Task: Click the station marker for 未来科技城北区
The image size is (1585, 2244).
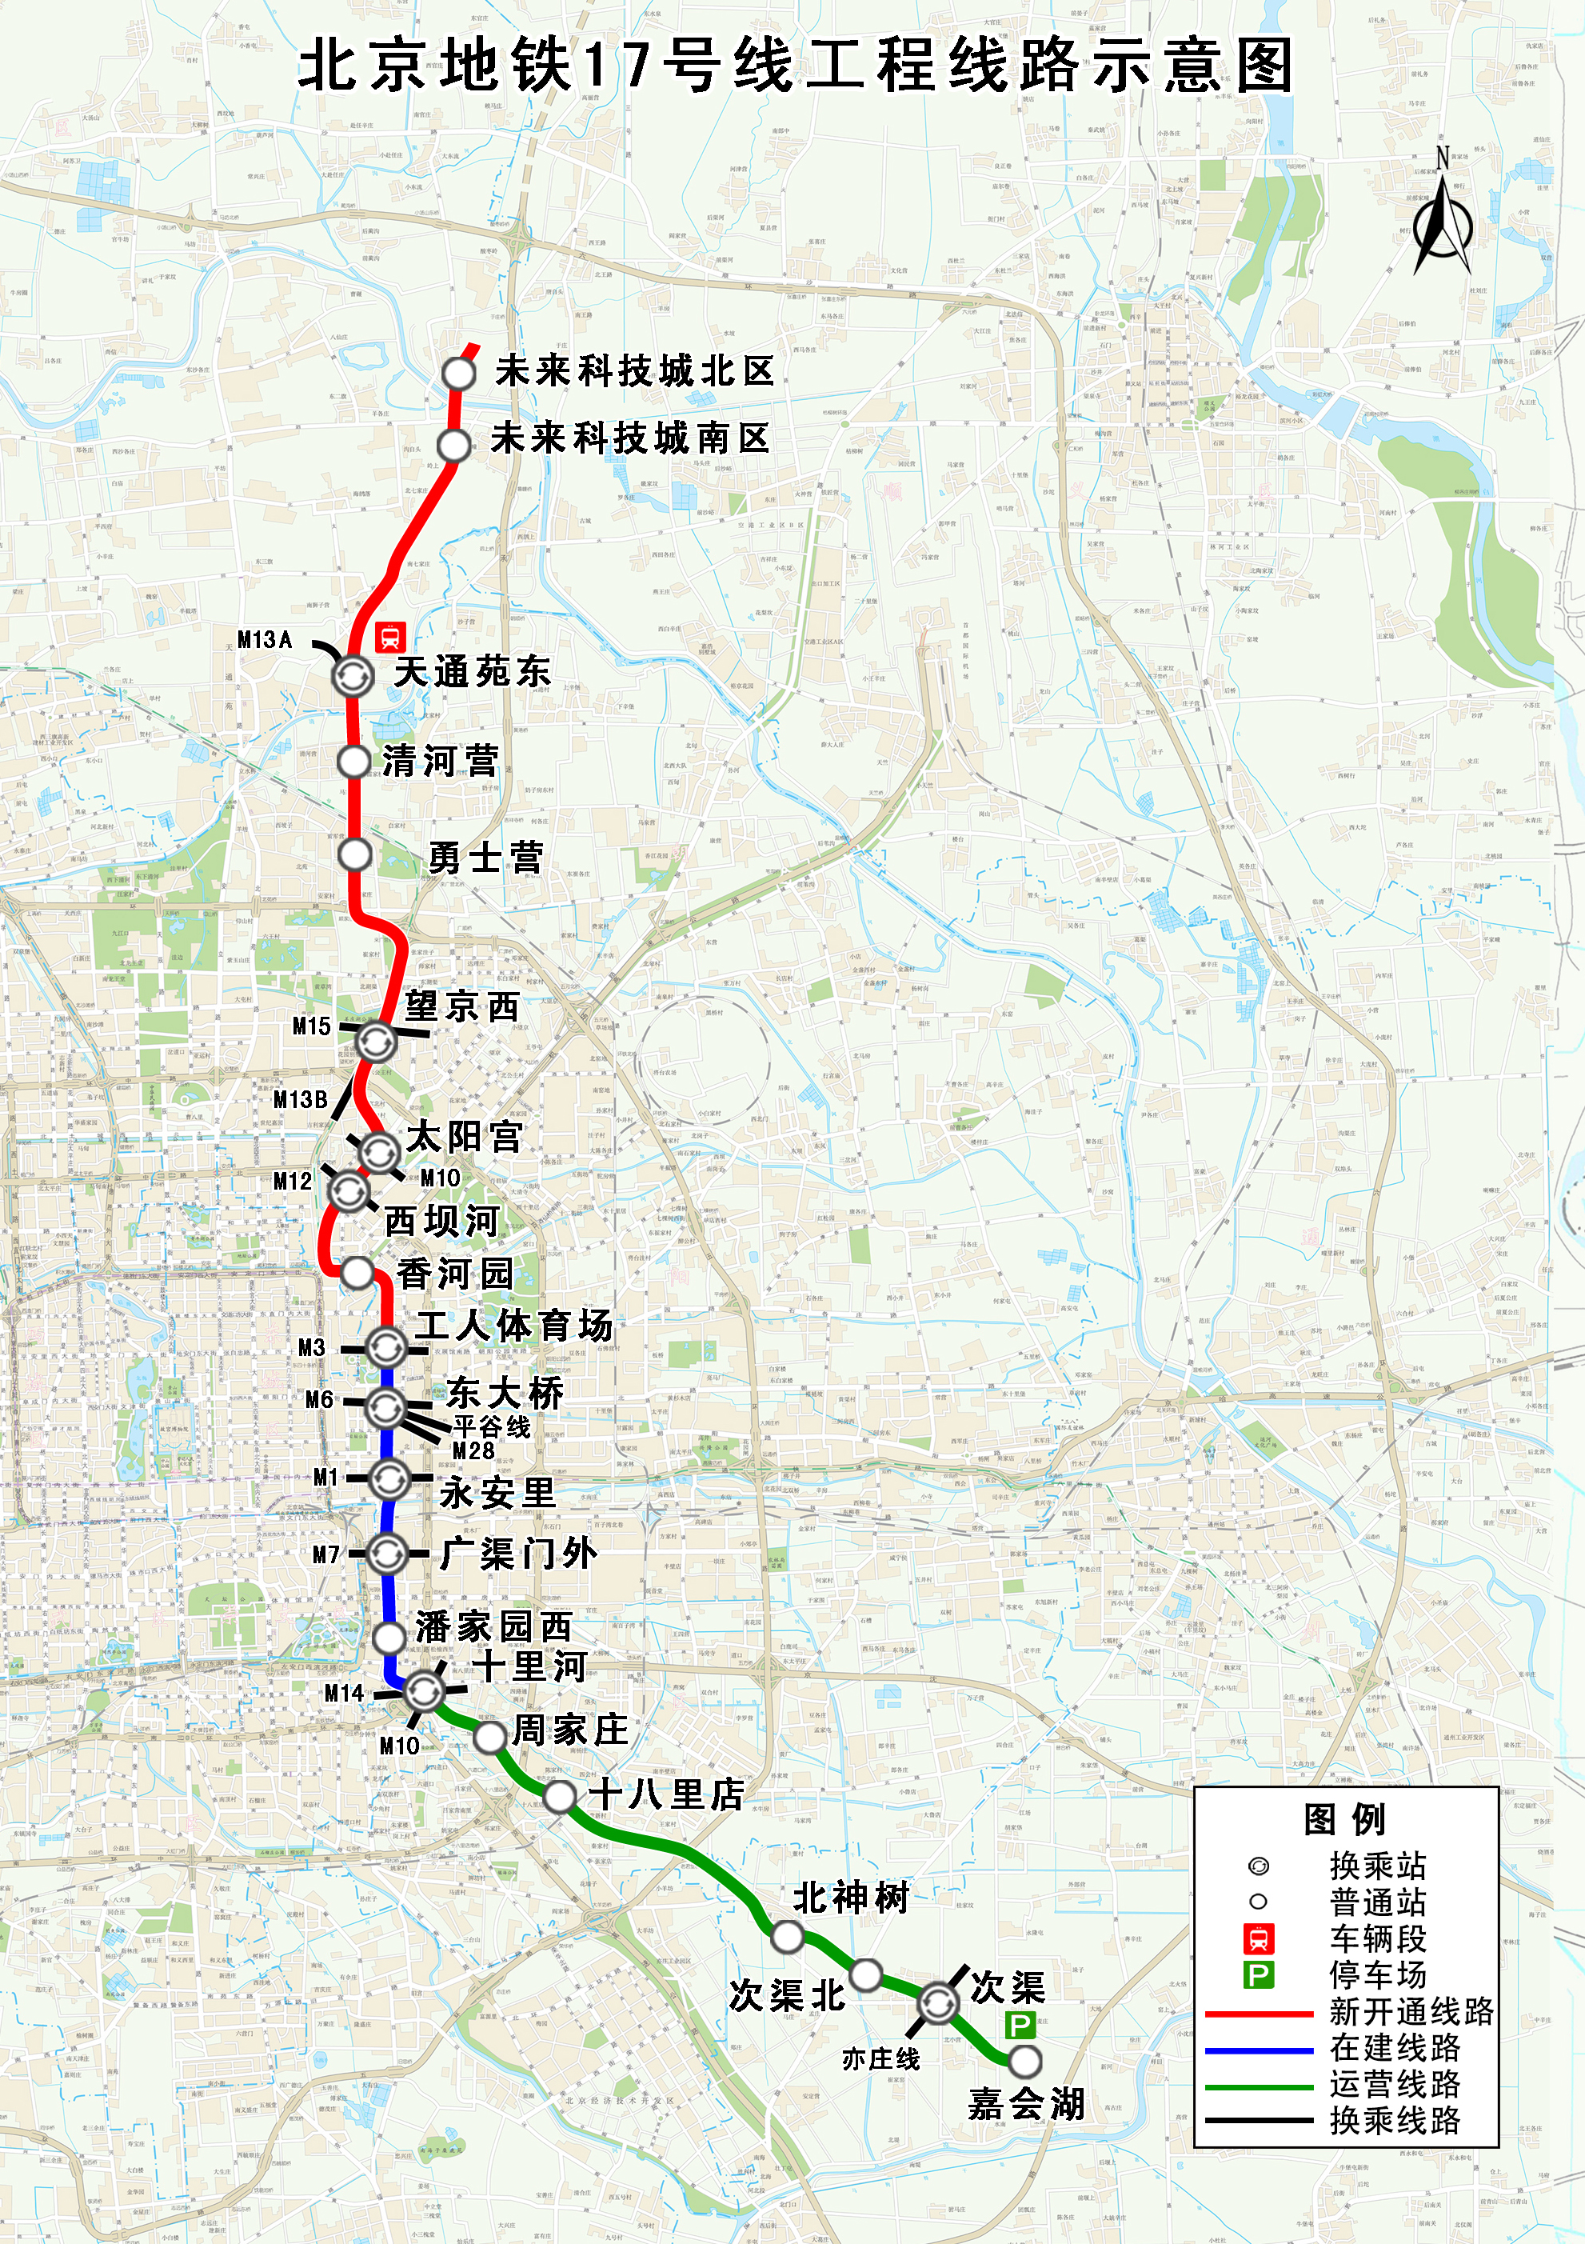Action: click(x=458, y=374)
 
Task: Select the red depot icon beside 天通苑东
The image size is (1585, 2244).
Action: click(x=391, y=638)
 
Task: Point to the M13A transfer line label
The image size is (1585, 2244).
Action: click(x=265, y=640)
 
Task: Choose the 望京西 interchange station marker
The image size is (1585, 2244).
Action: click(x=375, y=1041)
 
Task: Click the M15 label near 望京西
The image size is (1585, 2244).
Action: click(x=312, y=1026)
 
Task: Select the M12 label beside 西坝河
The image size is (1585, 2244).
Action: click(x=292, y=1182)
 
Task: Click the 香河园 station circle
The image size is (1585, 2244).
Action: click(x=357, y=1273)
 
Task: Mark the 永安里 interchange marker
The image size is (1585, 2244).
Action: click(x=389, y=1478)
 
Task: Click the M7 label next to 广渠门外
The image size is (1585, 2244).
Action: click(x=326, y=1554)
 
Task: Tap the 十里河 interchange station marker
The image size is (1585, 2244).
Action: click(x=424, y=1690)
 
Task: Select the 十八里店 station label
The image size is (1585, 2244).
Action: click(x=666, y=1794)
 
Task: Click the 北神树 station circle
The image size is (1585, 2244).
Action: click(x=787, y=1936)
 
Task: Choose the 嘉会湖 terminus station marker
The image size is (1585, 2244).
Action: click(x=1024, y=2062)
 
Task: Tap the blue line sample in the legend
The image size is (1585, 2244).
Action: click(x=1259, y=2050)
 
